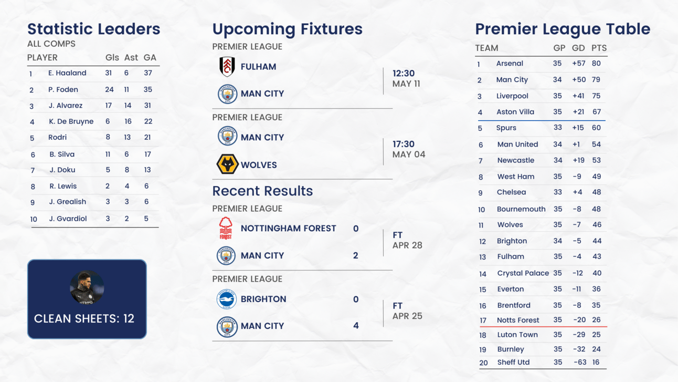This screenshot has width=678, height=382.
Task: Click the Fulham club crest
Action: tap(227, 67)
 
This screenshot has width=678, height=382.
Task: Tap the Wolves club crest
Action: tap(227, 164)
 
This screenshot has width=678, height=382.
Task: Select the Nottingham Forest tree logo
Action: tap(226, 228)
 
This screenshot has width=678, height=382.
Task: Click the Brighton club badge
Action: tap(226, 299)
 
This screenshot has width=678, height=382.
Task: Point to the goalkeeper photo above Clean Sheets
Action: tap(87, 287)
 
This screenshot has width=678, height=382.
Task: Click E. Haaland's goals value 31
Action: tap(108, 73)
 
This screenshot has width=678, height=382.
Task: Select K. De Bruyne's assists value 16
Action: tap(128, 121)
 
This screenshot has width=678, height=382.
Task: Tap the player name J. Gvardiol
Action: tap(68, 219)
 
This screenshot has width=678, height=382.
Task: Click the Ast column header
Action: tap(131, 58)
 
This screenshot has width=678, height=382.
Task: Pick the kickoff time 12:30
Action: tap(404, 74)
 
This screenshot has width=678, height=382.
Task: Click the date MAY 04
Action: tap(409, 154)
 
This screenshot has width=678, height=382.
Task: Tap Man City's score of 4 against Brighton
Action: tap(356, 326)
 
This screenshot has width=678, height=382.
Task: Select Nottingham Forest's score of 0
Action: tap(356, 229)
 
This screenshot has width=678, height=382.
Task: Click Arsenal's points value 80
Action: tap(596, 64)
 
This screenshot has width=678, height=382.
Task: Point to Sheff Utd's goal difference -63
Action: tap(580, 362)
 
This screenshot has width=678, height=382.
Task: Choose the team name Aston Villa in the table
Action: tap(515, 112)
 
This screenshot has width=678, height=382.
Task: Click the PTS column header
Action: tap(599, 48)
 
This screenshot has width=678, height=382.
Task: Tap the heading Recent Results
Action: tap(262, 191)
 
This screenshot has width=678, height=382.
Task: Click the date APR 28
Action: tap(407, 245)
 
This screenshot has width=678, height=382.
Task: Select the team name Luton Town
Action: tap(517, 335)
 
